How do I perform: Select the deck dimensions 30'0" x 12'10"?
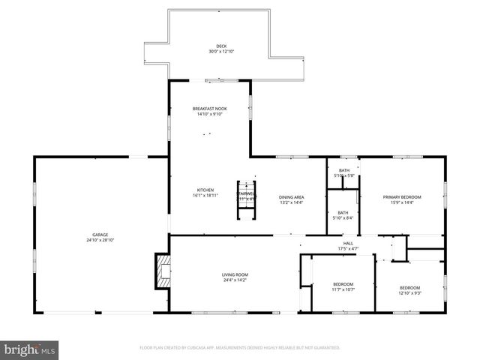220,52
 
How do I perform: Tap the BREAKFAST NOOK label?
209,109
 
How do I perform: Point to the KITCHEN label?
205,190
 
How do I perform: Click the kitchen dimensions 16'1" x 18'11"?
205,196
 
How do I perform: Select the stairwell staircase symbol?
247,200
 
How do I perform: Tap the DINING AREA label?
291,196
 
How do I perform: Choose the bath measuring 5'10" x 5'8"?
343,172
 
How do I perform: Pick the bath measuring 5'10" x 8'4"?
343,215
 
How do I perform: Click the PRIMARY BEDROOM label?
402,197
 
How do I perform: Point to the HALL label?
348,243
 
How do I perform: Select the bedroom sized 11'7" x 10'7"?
343,286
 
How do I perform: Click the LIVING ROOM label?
235,274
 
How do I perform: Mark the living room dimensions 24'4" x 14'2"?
235,280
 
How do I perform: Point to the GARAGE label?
100,235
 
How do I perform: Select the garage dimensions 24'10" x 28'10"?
100,240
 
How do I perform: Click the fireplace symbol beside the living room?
162,271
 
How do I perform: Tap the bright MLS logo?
30,350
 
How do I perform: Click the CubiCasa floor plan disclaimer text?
240,348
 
